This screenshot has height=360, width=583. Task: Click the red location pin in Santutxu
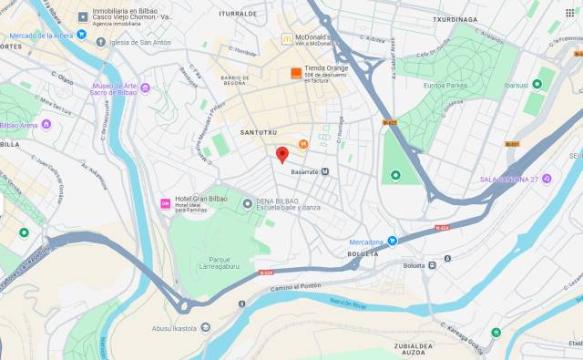point(282,154)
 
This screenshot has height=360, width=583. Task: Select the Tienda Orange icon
point(295,73)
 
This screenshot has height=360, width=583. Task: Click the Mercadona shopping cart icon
point(393,241)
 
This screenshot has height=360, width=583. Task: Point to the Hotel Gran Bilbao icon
point(165,202)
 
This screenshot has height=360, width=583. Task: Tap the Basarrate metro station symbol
point(325,171)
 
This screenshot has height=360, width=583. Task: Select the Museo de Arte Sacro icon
point(145,87)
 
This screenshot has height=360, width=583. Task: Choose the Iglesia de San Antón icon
point(102,42)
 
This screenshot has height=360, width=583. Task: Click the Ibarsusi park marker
point(537,85)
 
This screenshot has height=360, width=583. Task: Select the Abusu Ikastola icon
point(205,328)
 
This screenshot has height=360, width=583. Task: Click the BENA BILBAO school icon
point(247,203)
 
